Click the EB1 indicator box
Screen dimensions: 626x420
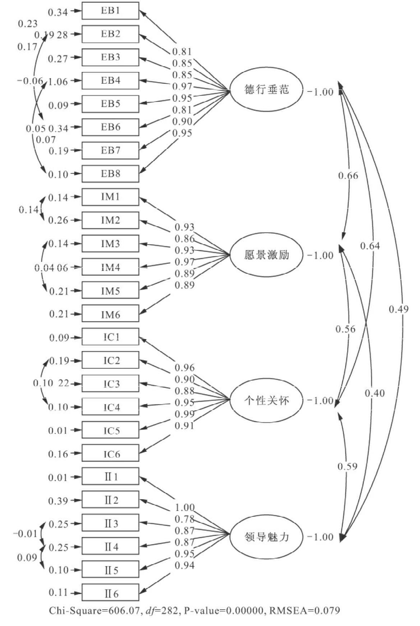click(110, 11)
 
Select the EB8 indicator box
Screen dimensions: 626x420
click(110, 174)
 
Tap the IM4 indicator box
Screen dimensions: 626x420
click(110, 267)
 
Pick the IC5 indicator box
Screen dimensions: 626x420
click(110, 430)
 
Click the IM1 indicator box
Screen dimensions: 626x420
click(110, 197)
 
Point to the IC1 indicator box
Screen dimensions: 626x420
click(110, 337)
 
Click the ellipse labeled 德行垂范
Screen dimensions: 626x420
click(266, 90)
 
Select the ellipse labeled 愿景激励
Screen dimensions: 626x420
click(266, 255)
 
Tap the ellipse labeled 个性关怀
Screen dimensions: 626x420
click(266, 400)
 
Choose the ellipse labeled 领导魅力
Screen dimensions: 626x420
click(266, 537)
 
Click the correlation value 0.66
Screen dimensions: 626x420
click(348, 176)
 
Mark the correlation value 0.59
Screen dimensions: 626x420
click(347, 467)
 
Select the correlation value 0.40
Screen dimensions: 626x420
click(375, 393)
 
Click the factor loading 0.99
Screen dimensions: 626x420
click(185, 414)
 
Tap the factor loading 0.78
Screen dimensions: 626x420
click(185, 519)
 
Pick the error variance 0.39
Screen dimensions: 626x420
click(58, 501)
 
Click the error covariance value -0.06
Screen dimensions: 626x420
click(30, 81)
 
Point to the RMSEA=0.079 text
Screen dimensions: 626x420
click(304, 611)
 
